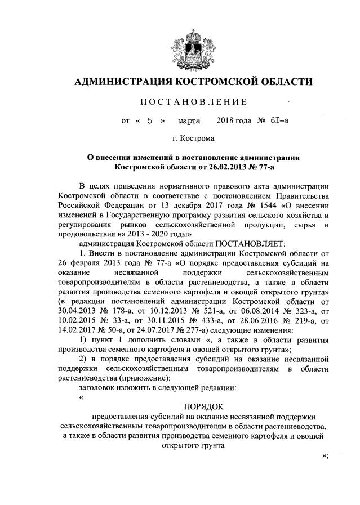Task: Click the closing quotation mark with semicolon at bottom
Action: (x=323, y=455)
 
